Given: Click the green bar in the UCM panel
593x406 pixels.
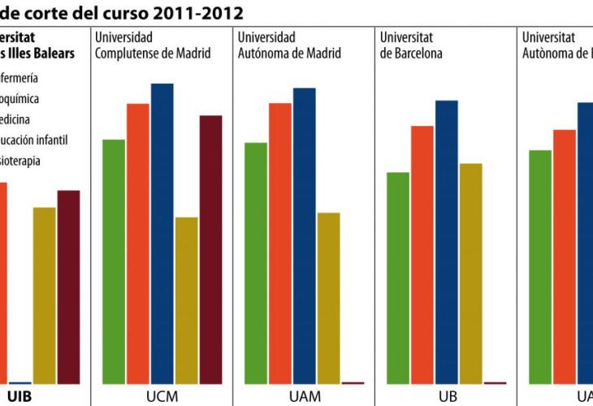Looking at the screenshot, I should click(x=114, y=261).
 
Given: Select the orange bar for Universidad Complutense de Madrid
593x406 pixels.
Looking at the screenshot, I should click(x=138, y=243).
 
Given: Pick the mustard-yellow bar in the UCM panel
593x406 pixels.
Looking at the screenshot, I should click(x=186, y=300).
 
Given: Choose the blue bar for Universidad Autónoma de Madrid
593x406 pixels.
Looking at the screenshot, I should click(x=305, y=235).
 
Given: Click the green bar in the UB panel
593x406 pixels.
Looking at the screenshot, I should click(x=398, y=277).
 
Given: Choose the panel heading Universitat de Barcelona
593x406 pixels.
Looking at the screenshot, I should click(x=411, y=45).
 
